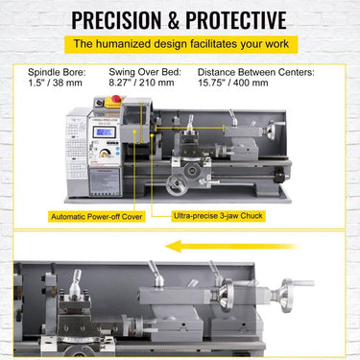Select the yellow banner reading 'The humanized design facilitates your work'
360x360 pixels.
[180, 44]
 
